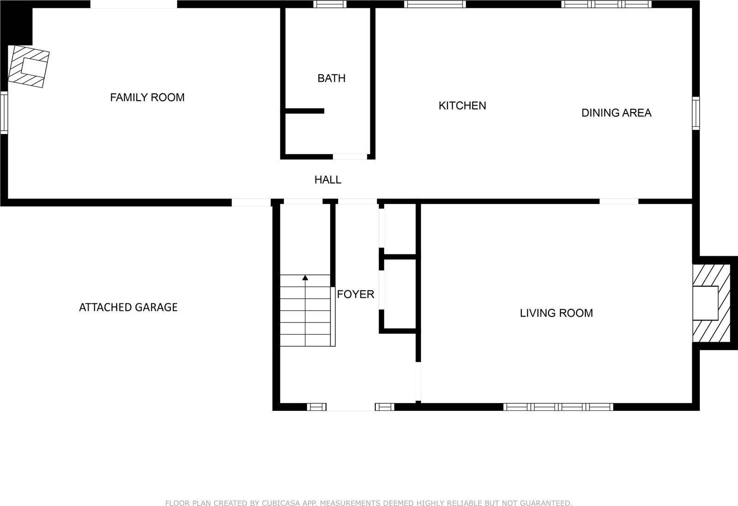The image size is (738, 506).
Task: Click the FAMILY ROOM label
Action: pos(147,97)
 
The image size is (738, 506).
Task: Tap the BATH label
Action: pos(331,78)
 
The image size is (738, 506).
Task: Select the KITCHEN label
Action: pos(462,106)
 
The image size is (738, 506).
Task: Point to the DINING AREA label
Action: pos(616,113)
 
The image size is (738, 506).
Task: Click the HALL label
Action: pos(327,180)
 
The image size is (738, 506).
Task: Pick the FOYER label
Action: pos(355,294)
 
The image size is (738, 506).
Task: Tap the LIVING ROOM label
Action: pos(556,313)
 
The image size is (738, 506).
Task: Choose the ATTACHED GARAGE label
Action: pos(128,307)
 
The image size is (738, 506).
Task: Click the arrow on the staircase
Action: pos(305,277)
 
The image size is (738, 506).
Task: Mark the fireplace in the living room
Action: pos(711,303)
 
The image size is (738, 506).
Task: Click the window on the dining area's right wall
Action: pos(696,113)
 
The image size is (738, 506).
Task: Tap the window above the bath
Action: pos(330,4)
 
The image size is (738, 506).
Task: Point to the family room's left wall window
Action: pos(4,113)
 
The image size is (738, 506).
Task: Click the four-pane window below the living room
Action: pos(558,407)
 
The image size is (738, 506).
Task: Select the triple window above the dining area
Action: pos(606,4)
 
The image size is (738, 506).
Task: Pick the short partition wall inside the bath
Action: pos(304,111)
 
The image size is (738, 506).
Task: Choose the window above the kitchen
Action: pos(435,4)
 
